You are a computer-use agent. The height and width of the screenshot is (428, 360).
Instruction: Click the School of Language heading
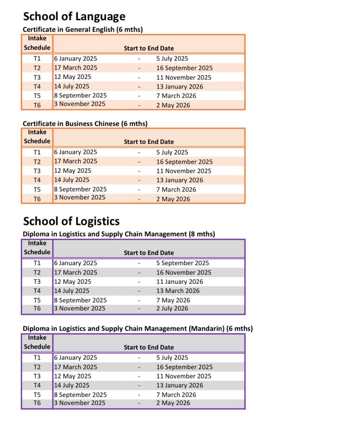74,17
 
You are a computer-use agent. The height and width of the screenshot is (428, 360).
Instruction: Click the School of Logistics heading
71,221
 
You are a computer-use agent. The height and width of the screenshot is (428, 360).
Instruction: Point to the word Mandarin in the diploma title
207,329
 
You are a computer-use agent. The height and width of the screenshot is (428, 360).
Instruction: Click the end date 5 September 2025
182,263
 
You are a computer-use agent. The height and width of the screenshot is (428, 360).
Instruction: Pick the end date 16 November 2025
184,272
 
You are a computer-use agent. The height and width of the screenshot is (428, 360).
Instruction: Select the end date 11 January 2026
180,281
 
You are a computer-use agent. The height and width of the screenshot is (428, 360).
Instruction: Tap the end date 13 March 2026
178,291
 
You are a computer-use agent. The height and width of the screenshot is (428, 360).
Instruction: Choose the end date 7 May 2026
173,300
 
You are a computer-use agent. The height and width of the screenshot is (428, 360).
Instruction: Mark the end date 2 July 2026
172,309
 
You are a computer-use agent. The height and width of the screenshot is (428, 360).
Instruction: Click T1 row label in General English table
37,59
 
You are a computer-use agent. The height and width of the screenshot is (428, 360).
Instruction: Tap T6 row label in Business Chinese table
37,199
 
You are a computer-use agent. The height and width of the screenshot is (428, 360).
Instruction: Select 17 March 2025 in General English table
76,68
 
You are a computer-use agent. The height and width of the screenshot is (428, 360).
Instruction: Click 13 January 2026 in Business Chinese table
180,180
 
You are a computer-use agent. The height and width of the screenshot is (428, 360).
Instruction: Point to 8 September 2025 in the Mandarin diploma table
80,395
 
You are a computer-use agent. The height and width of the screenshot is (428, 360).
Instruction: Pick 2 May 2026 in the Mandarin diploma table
173,403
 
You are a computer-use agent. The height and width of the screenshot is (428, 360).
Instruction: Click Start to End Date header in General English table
149,48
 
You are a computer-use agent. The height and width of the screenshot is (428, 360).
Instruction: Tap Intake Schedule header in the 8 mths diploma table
37,248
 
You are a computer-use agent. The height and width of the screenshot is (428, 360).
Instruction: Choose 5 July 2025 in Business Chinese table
172,153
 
